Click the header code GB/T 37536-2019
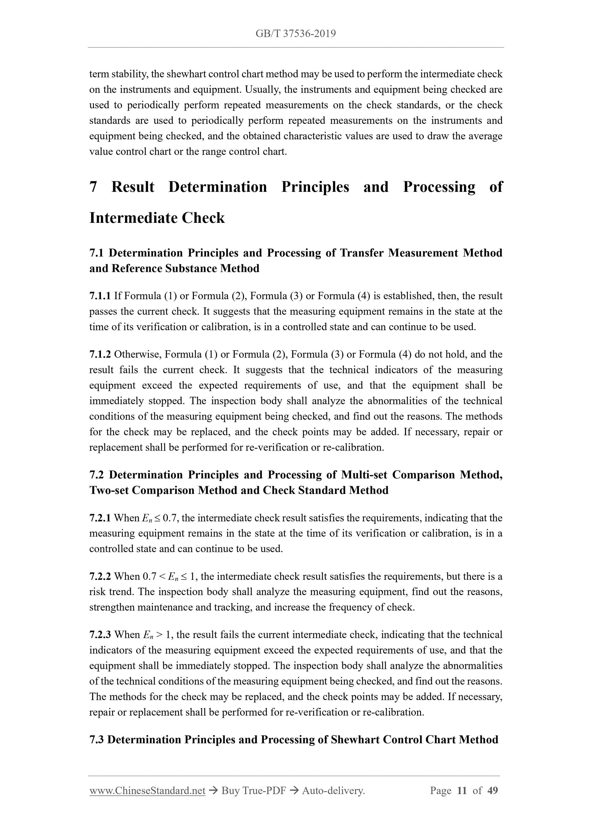(295, 34)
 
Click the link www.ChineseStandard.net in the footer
(147, 791)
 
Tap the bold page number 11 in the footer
(462, 791)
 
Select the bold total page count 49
(493, 791)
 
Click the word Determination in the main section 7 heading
(218, 187)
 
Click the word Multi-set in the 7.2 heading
(365, 475)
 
